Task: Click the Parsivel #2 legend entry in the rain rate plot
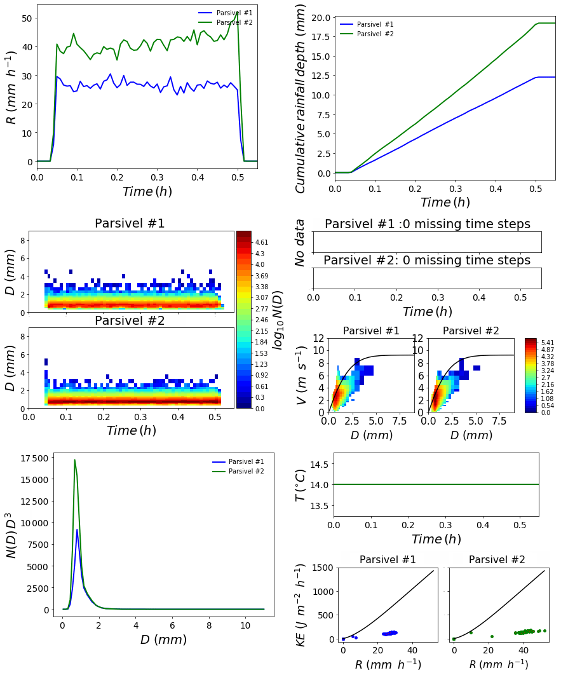pos(239,22)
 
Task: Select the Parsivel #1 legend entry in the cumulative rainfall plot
pos(375,24)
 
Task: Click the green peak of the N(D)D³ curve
pos(75,460)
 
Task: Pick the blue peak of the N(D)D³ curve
pos(77,529)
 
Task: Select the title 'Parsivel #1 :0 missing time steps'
pos(427,224)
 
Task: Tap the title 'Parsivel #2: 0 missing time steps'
pos(427,261)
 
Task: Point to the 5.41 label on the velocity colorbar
pos(548,342)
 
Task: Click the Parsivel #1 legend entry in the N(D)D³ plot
pos(241,461)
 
